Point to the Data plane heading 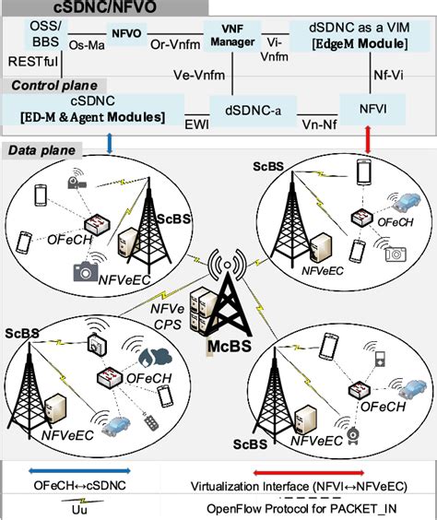click(42, 149)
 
